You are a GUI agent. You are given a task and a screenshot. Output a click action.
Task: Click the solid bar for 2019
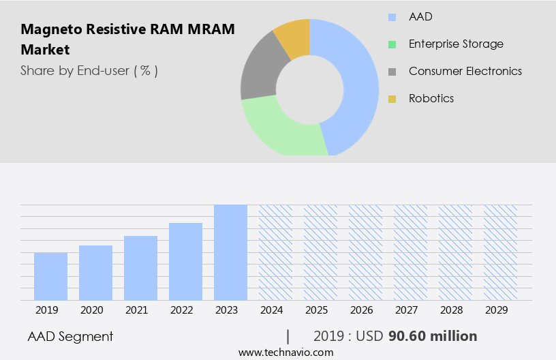(50, 276)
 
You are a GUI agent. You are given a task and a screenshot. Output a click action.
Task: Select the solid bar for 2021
(140, 268)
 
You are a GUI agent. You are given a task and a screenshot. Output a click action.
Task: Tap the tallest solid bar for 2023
(230, 252)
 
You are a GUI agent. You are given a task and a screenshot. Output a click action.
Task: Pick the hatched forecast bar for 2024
(275, 252)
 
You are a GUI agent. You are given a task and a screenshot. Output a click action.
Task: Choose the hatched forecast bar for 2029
(500, 252)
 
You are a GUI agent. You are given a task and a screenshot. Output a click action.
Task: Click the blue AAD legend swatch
(392, 17)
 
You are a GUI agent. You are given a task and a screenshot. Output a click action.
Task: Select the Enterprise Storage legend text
(456, 44)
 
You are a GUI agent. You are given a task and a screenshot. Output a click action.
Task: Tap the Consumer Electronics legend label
(465, 71)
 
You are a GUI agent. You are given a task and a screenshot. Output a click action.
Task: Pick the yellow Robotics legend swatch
(392, 99)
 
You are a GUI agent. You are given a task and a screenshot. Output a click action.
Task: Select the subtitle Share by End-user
(89, 70)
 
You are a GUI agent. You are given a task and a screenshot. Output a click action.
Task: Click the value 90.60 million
(433, 336)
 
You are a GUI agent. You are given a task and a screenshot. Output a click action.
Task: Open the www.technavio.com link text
(285, 352)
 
